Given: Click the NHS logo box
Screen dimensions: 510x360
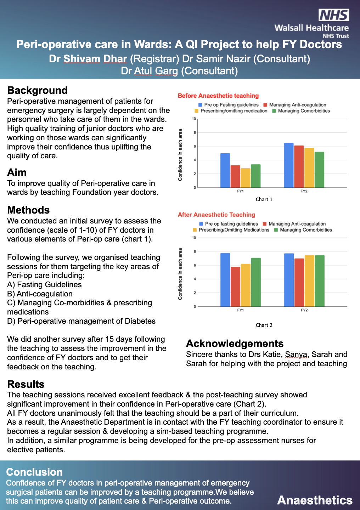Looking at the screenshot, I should click(334, 15).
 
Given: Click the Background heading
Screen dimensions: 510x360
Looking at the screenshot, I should click(37, 90).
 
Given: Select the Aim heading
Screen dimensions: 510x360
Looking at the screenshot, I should click(17, 172).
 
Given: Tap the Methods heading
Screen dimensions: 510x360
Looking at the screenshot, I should click(28, 210).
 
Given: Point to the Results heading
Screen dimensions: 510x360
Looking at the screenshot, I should click(26, 384).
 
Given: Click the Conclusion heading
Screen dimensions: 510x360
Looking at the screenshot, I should click(34, 472).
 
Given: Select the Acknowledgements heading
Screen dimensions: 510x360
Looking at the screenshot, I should click(235, 344).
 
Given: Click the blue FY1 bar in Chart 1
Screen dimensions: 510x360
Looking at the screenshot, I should click(225, 170).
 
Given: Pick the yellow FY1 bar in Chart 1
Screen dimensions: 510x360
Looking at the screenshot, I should click(245, 178).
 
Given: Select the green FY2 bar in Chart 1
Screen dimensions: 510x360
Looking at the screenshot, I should click(319, 170).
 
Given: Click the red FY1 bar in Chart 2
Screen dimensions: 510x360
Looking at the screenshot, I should click(235, 287).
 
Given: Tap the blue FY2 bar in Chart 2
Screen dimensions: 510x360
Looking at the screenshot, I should click(289, 280).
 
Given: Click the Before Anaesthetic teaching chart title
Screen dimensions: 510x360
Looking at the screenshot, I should click(218, 96).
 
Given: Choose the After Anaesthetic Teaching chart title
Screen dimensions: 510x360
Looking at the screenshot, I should click(216, 215).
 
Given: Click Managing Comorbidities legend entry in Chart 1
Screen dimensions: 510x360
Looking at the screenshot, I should click(304, 111).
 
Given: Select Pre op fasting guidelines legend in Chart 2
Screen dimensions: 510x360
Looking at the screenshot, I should click(231, 224).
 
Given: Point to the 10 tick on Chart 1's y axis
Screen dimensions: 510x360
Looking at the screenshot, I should click(194, 119).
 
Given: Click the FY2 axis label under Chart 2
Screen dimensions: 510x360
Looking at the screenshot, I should click(304, 310).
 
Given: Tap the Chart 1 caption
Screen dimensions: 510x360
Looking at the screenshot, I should click(264, 199).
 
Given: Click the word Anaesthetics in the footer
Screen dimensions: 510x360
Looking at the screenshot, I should click(315, 500).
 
